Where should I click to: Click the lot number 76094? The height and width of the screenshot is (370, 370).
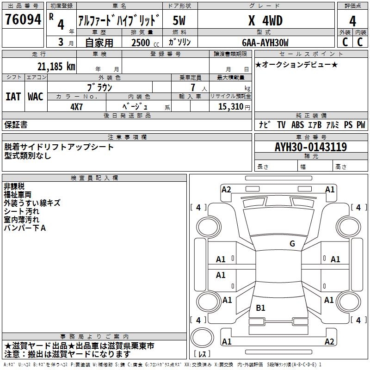23,19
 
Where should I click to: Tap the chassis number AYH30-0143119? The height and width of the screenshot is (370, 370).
310,147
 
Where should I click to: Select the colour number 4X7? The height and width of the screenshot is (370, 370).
77,106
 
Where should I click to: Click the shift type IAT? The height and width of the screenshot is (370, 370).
13,97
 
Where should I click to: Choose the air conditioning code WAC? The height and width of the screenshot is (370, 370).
35,97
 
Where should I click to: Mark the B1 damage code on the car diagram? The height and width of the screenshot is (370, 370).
260,308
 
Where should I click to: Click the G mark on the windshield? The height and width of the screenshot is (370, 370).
292,244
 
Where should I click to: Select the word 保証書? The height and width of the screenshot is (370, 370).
16,124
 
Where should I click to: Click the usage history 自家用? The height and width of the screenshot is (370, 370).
99,43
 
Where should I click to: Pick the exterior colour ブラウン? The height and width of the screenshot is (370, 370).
99,87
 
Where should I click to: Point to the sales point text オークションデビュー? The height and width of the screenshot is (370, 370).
296,64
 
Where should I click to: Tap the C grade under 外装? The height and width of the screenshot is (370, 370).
345,42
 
